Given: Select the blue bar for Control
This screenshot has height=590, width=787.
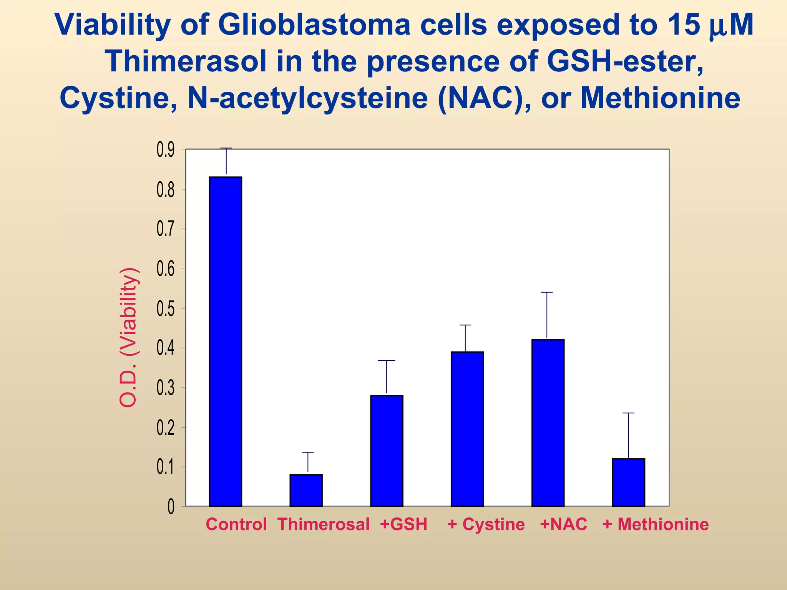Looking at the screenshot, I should [226, 341].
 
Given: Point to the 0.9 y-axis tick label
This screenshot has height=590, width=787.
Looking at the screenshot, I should [166, 150].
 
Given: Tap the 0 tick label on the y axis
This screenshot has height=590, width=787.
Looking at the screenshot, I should [171, 507].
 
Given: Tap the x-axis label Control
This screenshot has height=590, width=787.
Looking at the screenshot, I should [236, 524].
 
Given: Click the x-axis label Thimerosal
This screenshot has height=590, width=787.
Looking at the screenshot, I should [324, 524].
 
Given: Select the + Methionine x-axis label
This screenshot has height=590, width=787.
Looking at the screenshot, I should [656, 524].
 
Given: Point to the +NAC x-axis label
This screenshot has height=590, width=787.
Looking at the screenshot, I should [563, 524].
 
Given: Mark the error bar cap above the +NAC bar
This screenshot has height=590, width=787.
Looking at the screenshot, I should [547, 292].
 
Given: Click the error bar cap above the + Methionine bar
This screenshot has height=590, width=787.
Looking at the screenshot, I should [628, 413].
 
